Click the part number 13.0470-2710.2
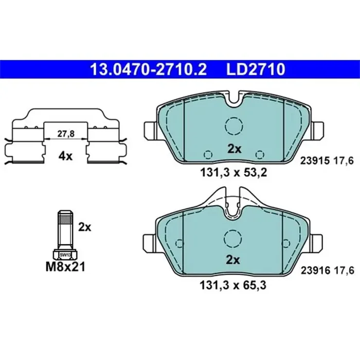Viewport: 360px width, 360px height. pyautogui.click(x=148, y=68)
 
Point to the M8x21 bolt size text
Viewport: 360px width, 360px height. pyautogui.click(x=65, y=266)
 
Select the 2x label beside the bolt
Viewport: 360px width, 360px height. pyautogui.click(x=84, y=227)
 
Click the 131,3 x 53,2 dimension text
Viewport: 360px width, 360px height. pyautogui.click(x=235, y=172)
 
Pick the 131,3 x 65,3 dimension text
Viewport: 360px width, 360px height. pyautogui.click(x=235, y=282)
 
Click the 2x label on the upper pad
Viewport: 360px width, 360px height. pyautogui.click(x=235, y=149)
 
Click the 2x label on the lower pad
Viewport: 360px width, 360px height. pyautogui.click(x=235, y=260)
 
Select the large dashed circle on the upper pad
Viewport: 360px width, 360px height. pyautogui.click(x=235, y=125)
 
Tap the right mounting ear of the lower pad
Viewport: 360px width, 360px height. pyautogui.click(x=317, y=240)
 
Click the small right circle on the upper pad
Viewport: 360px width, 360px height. pyautogui.click(x=261, y=153)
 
